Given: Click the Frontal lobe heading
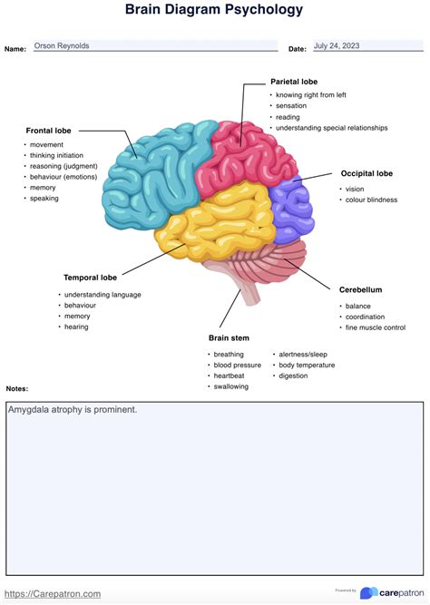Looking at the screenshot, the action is pos(48,131).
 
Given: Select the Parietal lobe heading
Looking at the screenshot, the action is pos(294,82).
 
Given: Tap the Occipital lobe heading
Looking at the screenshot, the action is pos(366,173).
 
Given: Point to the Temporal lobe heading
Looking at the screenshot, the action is pos(90,278).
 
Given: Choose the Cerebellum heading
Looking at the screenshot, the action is pos(360,289).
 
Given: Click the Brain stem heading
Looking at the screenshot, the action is pos(229,338).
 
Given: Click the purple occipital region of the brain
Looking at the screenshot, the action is pos(292,210).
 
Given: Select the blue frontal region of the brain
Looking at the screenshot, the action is pos(154,178).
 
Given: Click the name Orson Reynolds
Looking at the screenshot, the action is pos(62,45).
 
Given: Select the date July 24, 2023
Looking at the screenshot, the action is pos(337,45).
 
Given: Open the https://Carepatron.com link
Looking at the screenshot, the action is pos(53,594).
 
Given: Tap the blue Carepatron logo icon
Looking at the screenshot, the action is pos(368,593).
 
